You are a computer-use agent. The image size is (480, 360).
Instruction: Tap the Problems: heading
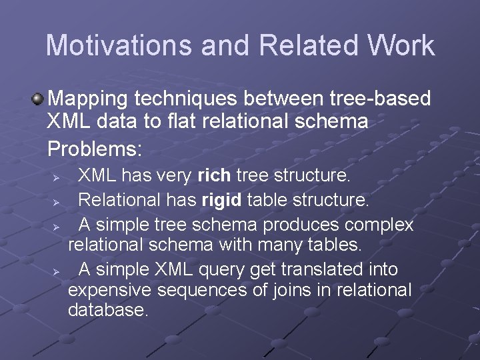(95, 147)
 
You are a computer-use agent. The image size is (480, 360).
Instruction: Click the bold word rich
(214, 176)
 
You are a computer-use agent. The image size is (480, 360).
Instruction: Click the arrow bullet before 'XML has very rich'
(57, 178)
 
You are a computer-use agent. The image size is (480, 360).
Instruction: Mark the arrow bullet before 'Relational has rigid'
(57, 201)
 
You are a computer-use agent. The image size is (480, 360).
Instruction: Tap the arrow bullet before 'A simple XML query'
(57, 271)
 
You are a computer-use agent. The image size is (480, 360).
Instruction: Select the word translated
(321, 269)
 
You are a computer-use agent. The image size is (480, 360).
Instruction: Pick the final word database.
(107, 310)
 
